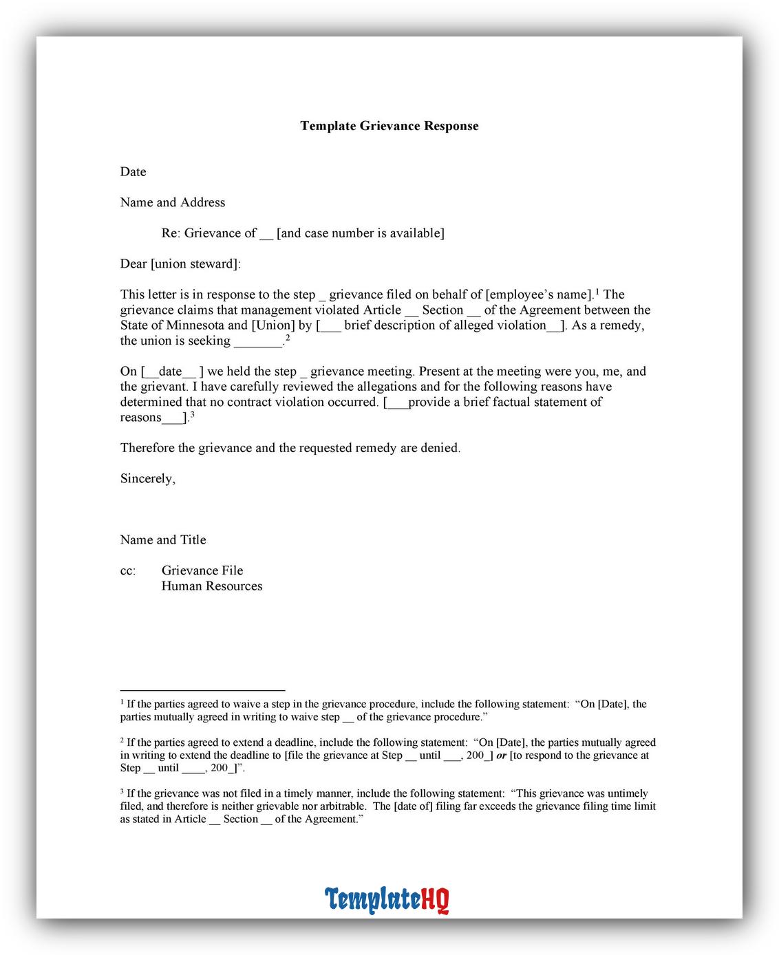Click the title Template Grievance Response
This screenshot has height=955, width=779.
point(389,126)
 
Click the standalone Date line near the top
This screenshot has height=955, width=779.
point(133,172)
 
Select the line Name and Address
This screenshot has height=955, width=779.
point(173,202)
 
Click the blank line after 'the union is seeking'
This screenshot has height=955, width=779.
point(258,341)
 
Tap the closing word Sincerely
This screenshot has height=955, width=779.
point(147,479)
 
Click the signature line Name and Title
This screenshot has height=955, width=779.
point(163,540)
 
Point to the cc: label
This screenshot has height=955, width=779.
point(128,571)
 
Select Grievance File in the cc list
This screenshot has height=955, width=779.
point(202,570)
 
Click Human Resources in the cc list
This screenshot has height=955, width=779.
point(212,586)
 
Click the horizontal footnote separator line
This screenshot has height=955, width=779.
point(202,689)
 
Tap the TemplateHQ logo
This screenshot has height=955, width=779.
point(387,900)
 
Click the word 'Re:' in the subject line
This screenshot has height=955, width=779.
point(171,233)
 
